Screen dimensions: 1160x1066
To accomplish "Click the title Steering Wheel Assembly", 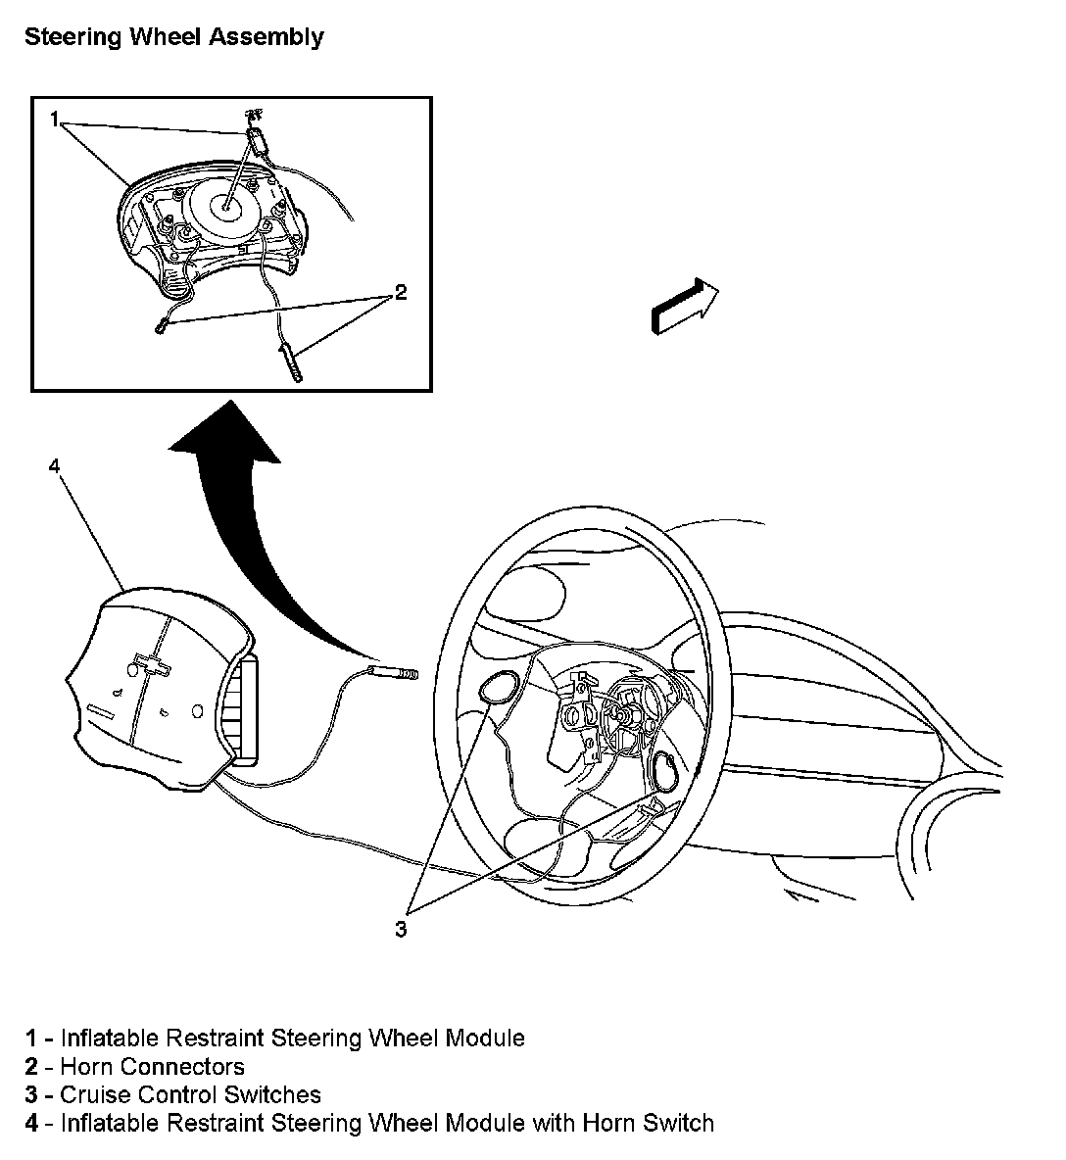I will point(173,38).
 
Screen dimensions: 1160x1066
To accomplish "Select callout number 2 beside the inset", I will point(400,292).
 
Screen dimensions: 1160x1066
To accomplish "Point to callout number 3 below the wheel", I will point(401,929).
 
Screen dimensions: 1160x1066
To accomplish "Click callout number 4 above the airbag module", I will point(56,466).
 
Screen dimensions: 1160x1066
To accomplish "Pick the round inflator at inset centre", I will point(224,205).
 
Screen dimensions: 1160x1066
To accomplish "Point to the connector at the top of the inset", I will point(259,136).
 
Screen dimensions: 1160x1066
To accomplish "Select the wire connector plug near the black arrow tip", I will point(394,672).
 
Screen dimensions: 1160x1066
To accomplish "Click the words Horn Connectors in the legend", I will point(152,1066).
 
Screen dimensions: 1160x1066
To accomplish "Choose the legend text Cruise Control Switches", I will point(190,1094).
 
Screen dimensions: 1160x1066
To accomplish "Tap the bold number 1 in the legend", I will point(32,1038).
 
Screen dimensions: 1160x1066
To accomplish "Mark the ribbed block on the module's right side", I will point(242,707).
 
